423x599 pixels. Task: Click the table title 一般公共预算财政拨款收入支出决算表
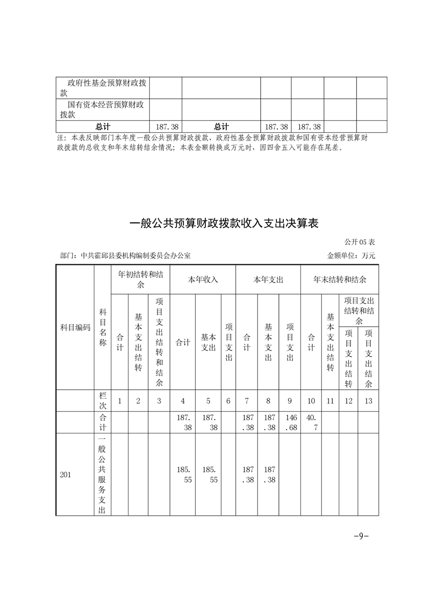tap(224, 224)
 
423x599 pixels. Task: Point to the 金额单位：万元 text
tap(351, 256)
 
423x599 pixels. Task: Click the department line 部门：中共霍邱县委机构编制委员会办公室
tap(126, 256)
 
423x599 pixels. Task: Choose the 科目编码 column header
tap(75, 327)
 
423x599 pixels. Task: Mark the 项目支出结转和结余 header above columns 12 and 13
tap(360, 310)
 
